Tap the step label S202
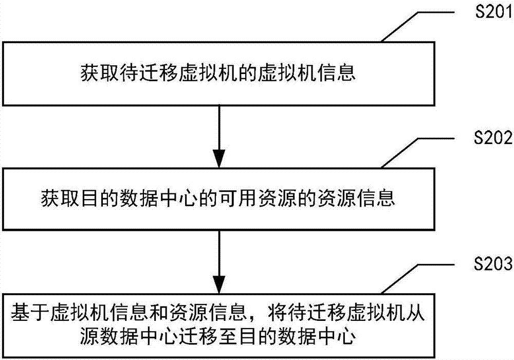pos(493,138)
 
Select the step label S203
pos(493,263)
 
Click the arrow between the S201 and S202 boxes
pos(219,137)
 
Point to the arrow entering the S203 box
pos(219,262)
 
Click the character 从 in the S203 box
pos(415,312)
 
